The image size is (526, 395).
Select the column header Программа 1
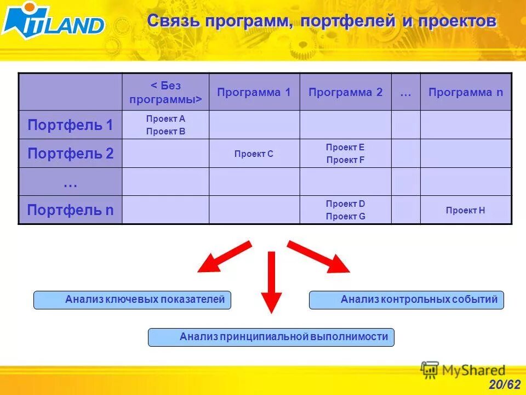point(254,92)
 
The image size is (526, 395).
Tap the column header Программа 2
point(345,92)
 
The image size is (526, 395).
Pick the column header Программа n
point(466,92)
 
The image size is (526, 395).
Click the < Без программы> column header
point(165,92)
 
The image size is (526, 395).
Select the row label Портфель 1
point(70,125)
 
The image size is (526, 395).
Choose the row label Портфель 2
point(70,154)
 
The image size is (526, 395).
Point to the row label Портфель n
point(70,210)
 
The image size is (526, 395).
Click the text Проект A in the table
point(165,119)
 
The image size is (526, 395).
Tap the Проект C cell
point(254,154)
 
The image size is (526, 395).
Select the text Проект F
point(345,160)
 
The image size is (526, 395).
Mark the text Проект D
point(345,204)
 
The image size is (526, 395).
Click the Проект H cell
point(466,210)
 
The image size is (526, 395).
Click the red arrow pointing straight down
point(271,283)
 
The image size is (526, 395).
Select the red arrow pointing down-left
point(224,257)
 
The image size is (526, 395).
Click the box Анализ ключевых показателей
point(132,300)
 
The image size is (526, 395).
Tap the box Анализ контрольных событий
point(407,300)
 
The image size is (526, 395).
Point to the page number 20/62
point(505,385)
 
